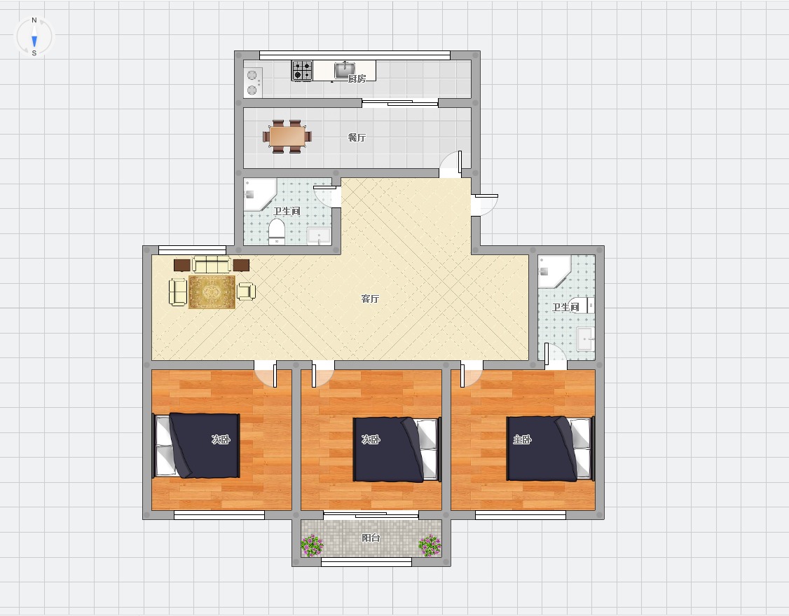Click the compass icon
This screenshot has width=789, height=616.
click(x=34, y=36)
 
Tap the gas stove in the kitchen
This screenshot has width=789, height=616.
click(x=303, y=71)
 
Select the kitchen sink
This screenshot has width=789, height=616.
click(x=345, y=69)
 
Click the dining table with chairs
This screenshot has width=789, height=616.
click(x=287, y=137)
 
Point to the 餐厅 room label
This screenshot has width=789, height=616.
click(x=357, y=137)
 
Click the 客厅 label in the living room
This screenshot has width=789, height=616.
click(x=370, y=299)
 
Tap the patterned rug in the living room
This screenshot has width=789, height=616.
click(x=212, y=292)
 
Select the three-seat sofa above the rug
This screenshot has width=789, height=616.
click(x=212, y=265)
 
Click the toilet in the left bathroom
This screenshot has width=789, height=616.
click(x=276, y=231)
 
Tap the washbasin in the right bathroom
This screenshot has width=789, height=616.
click(x=586, y=339)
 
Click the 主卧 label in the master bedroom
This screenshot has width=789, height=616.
click(x=522, y=439)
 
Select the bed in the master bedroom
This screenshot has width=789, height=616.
click(x=550, y=449)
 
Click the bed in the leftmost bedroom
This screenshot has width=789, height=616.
click(x=196, y=446)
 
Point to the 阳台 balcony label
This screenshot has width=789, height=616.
click(x=371, y=538)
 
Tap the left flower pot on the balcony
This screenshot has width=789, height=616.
click(x=313, y=546)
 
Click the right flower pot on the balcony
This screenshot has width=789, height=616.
click(x=430, y=546)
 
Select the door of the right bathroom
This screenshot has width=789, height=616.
click(x=554, y=355)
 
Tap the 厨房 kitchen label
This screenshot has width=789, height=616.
click(x=357, y=78)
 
